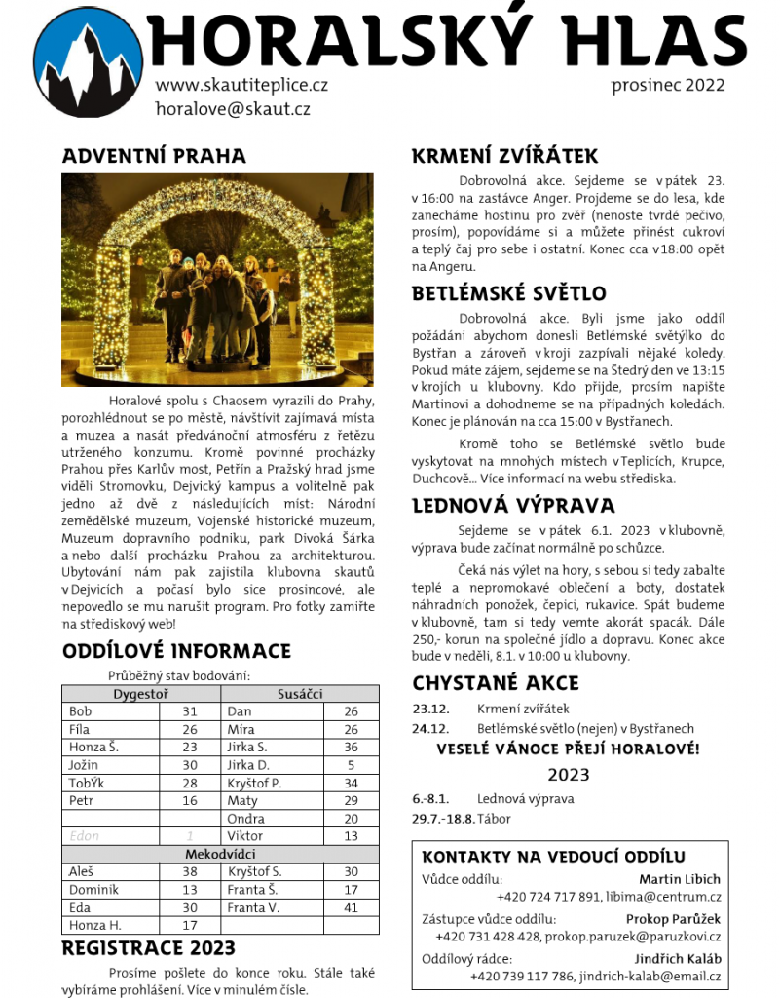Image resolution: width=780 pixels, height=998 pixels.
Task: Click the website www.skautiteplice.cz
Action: pyautogui.click(x=241, y=85)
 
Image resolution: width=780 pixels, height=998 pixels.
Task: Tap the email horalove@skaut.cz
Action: pyautogui.click(x=233, y=109)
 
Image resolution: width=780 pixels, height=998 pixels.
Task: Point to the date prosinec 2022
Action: pyautogui.click(x=668, y=85)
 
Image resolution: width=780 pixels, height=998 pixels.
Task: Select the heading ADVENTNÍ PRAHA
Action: pyautogui.click(x=154, y=156)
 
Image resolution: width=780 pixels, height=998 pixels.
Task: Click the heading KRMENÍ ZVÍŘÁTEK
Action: pyautogui.click(x=504, y=156)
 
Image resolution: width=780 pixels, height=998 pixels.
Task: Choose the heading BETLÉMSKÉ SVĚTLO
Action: pyautogui.click(x=508, y=293)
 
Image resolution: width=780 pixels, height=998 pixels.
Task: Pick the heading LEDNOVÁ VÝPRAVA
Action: pyautogui.click(x=513, y=505)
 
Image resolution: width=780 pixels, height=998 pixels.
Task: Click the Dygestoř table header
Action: pyautogui.click(x=142, y=694)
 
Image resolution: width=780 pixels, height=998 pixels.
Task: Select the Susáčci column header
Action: pyautogui.click(x=301, y=694)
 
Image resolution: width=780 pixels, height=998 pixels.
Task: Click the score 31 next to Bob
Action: pyautogui.click(x=190, y=711)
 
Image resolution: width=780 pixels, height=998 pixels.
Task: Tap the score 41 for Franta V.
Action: pyautogui.click(x=351, y=907)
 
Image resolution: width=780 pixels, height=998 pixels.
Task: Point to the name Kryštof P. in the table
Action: pyautogui.click(x=254, y=783)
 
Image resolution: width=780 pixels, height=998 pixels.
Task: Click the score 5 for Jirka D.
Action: pyautogui.click(x=351, y=765)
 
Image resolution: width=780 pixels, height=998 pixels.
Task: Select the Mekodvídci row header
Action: pyautogui.click(x=220, y=854)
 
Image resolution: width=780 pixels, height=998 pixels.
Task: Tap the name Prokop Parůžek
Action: pyautogui.click(x=673, y=918)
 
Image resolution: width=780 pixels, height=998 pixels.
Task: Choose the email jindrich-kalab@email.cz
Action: pyautogui.click(x=650, y=976)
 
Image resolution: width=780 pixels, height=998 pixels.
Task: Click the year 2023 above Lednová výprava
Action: pyautogui.click(x=569, y=775)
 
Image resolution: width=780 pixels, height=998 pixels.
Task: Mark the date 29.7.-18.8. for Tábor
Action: pyautogui.click(x=443, y=818)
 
